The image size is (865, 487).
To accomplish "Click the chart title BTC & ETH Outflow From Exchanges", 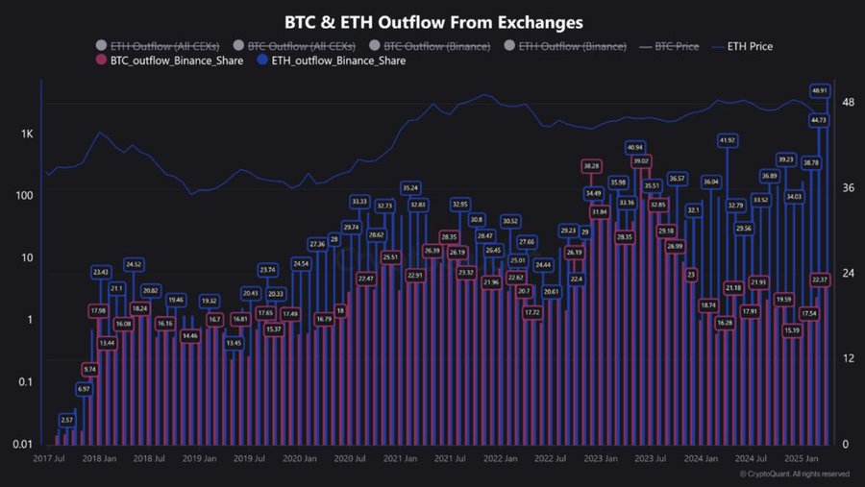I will pyautogui.click(x=433, y=20).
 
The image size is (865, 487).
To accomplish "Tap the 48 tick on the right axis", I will pyautogui.click(x=849, y=102).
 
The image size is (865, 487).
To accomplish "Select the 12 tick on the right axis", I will pyautogui.click(x=848, y=358).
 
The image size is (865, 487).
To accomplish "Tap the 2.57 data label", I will pyautogui.click(x=66, y=420).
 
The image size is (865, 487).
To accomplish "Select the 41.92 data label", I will pyautogui.click(x=727, y=140).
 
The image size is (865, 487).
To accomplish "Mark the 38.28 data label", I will pyautogui.click(x=591, y=166).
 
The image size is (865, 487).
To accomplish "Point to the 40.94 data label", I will pyautogui.click(x=634, y=147).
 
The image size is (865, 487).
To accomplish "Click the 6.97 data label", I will pyautogui.click(x=85, y=388).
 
